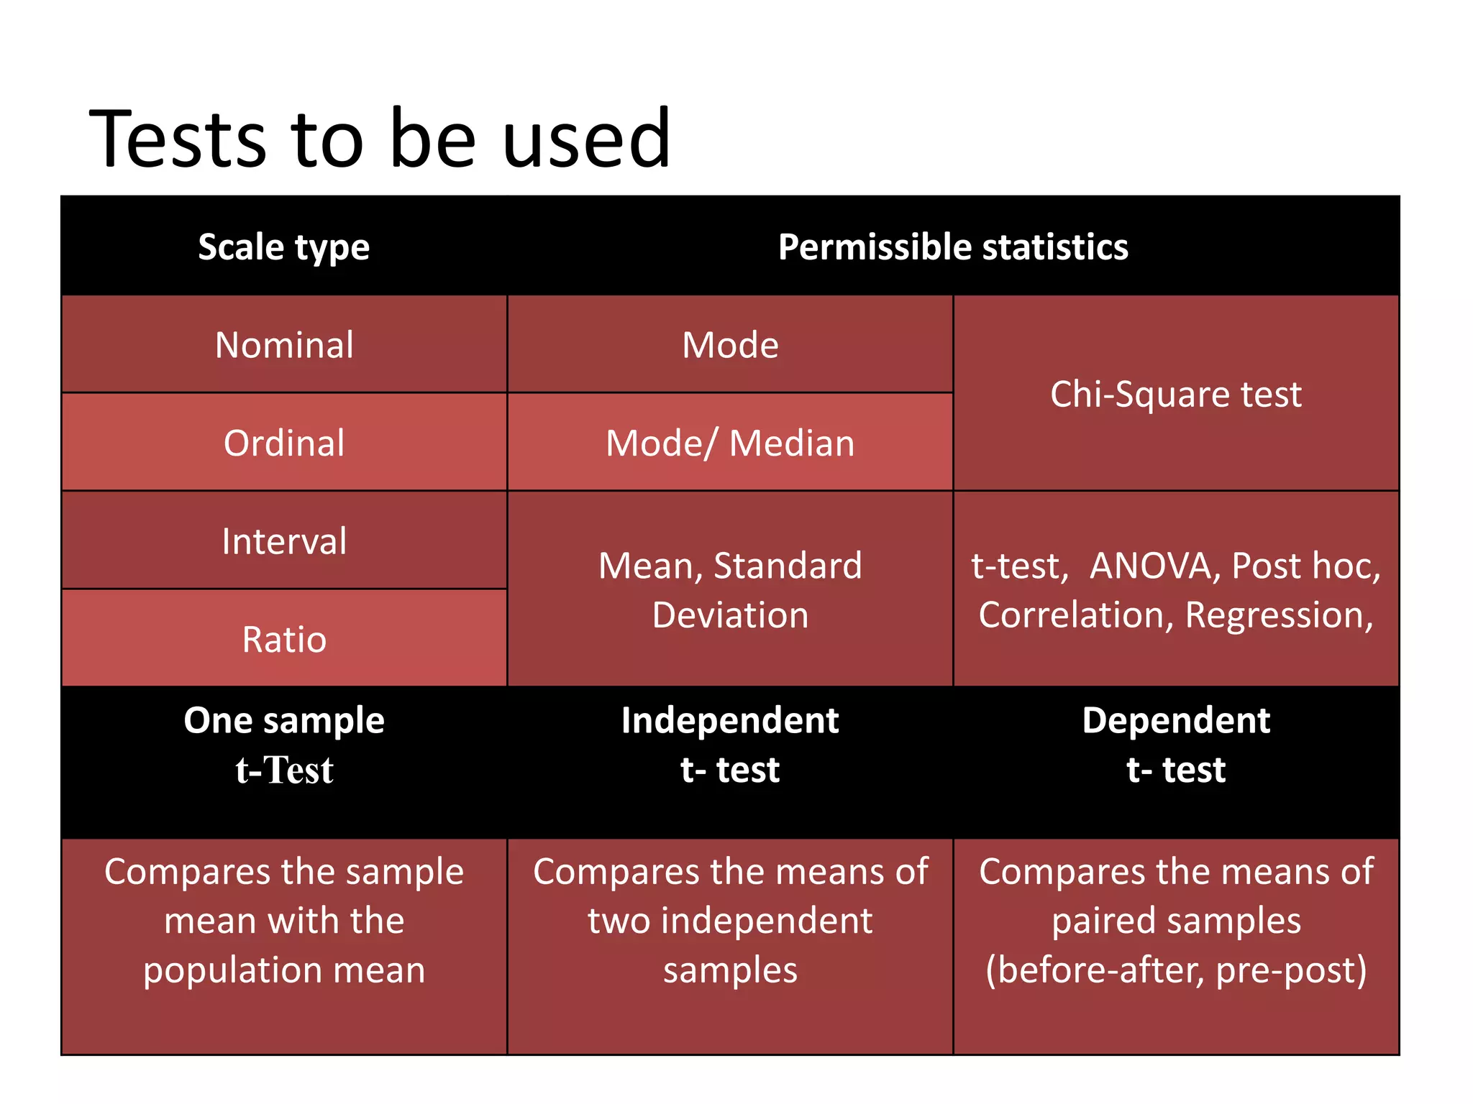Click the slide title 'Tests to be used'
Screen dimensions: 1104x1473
[380, 138]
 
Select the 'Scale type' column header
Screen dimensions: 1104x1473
[283, 247]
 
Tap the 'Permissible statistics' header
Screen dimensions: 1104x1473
[953, 247]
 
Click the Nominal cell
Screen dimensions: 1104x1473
[284, 345]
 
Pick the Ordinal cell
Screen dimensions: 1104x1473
[284, 443]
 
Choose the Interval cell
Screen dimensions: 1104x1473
[284, 541]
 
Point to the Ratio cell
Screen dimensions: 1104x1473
[284, 639]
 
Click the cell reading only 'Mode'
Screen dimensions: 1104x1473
[730, 345]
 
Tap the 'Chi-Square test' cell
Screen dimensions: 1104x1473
[1175, 394]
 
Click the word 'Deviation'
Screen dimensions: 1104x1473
[730, 615]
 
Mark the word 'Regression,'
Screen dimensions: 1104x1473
[1279, 615]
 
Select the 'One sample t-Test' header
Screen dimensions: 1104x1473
[284, 745]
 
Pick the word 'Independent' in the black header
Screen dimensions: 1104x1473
[730, 720]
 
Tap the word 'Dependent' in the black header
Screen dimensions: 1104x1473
[1176, 720]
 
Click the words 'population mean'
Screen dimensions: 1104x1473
[284, 970]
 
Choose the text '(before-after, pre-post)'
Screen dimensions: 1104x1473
[1176, 970]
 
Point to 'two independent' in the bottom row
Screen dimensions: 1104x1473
[730, 921]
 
